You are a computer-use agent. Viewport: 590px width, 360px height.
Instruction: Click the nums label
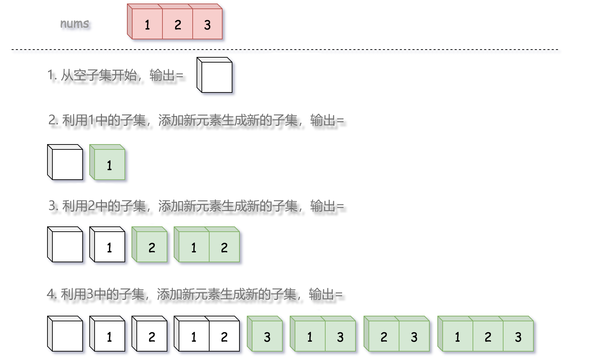click(75, 24)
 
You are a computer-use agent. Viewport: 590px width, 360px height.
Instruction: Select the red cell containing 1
click(147, 25)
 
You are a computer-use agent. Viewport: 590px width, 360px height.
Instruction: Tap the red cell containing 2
click(178, 25)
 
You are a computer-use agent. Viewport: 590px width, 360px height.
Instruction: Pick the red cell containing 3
click(207, 25)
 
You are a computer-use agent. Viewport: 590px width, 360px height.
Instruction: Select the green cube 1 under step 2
click(109, 165)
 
